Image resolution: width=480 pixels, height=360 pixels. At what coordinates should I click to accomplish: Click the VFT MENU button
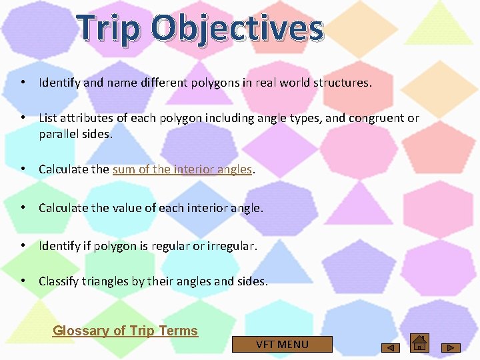(x=282, y=344)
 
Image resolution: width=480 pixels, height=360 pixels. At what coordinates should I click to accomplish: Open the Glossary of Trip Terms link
(x=125, y=331)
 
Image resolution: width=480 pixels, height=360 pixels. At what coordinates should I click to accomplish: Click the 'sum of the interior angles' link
(x=182, y=169)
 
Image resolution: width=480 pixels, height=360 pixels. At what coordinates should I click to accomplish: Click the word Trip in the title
(x=109, y=29)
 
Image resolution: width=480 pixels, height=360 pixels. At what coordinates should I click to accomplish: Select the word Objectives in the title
(x=237, y=29)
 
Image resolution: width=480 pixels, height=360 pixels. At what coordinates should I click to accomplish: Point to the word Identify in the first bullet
(x=59, y=83)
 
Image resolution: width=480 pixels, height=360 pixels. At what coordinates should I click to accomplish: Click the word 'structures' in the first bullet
(x=344, y=83)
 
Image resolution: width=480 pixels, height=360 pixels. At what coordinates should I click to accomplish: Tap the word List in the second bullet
(x=48, y=118)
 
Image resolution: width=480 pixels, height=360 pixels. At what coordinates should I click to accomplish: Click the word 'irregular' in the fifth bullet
(x=231, y=246)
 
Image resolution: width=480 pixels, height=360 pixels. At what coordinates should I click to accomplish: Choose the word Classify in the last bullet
(x=59, y=281)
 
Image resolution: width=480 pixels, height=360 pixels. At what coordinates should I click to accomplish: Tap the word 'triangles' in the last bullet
(x=105, y=281)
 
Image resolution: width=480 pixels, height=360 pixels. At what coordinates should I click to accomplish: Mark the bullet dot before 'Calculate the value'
(x=23, y=207)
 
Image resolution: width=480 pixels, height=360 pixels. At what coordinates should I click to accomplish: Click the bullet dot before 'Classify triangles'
(x=23, y=281)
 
